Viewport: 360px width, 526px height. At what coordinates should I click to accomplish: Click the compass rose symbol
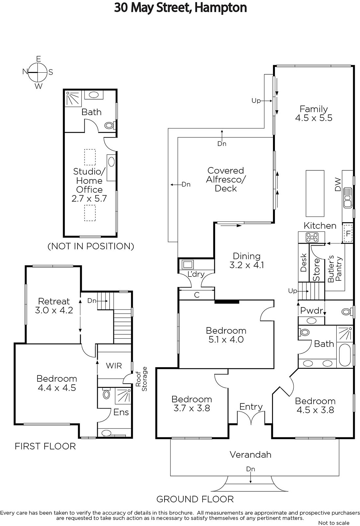(x=37, y=72)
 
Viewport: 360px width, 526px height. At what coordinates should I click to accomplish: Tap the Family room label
(x=314, y=113)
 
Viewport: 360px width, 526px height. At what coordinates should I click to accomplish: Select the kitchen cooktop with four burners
(x=312, y=237)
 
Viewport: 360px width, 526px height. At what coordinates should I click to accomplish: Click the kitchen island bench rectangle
(x=315, y=194)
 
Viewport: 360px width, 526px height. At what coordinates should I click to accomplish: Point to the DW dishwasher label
(x=337, y=184)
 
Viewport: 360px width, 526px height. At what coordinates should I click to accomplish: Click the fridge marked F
(x=348, y=234)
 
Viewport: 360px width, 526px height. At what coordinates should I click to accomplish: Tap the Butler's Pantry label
(x=335, y=269)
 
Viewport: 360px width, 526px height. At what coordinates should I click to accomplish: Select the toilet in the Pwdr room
(x=347, y=312)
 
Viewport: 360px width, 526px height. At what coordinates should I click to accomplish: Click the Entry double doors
(x=251, y=418)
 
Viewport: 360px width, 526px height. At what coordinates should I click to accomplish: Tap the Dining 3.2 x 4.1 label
(x=247, y=260)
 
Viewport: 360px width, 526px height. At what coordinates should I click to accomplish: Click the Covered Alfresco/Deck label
(x=226, y=179)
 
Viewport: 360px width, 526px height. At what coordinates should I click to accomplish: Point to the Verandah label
(x=250, y=455)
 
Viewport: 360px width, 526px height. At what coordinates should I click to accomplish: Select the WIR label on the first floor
(x=114, y=366)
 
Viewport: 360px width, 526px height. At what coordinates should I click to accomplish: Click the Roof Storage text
(x=141, y=379)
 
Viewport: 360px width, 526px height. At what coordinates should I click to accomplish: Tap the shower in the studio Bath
(x=73, y=98)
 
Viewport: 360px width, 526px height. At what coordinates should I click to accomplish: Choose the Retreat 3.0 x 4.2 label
(x=54, y=305)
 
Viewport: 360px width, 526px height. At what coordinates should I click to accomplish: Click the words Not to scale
(x=334, y=523)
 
